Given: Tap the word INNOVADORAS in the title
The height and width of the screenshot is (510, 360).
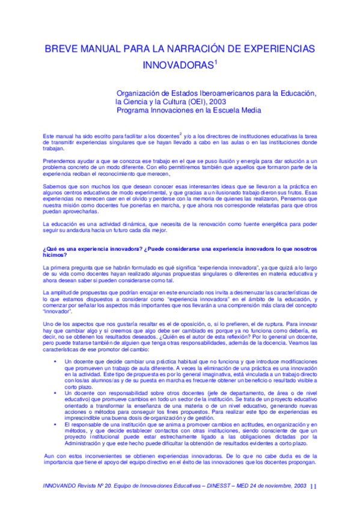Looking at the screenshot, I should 178,64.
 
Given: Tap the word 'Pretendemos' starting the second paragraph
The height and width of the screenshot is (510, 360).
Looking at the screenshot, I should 59,162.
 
